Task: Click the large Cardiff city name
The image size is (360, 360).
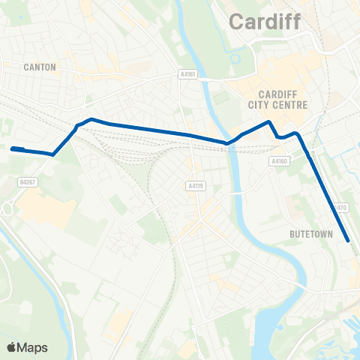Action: point(264,22)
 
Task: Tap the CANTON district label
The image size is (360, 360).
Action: point(40,67)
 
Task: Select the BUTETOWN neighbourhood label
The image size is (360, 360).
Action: point(310,234)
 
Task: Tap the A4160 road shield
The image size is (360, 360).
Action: point(279,160)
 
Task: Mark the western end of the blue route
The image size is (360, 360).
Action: point(12,148)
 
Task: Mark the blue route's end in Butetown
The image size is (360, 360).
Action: point(349,241)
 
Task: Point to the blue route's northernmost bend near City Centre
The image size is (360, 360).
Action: point(268,121)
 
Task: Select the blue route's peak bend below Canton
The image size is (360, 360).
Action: point(91,119)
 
